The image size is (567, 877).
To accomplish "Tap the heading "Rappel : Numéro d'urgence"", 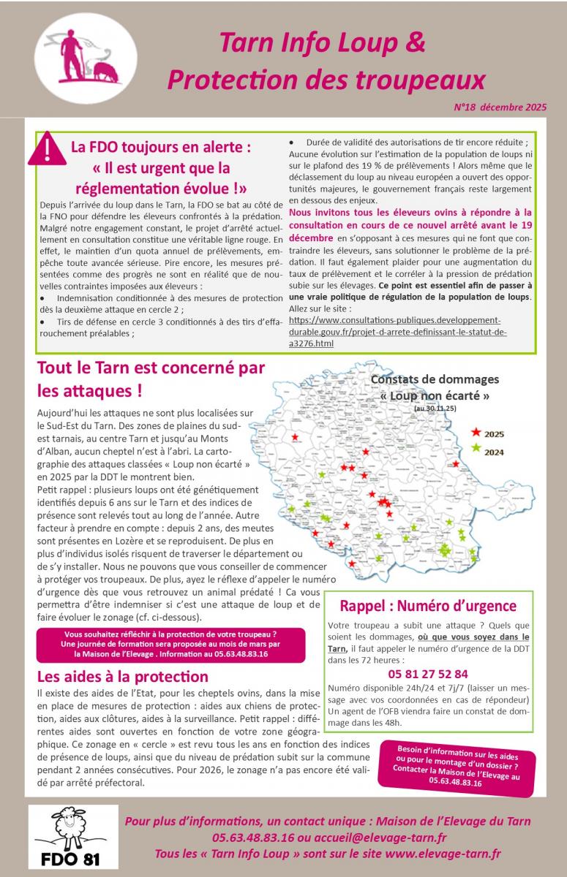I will [x=428, y=606].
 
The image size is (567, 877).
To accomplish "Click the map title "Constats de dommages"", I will [x=435, y=379].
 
